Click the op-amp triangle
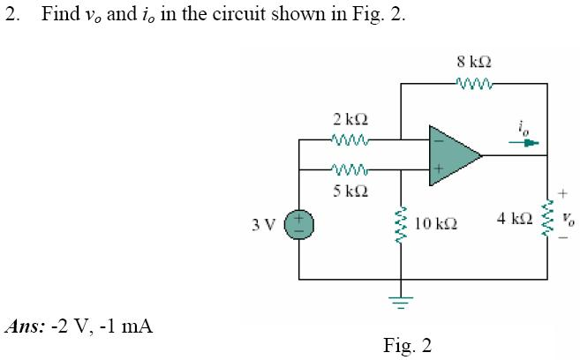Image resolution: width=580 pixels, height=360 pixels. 452,155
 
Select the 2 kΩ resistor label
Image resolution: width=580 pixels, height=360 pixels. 345,118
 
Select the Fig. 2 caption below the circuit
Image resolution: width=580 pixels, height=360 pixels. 407,344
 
